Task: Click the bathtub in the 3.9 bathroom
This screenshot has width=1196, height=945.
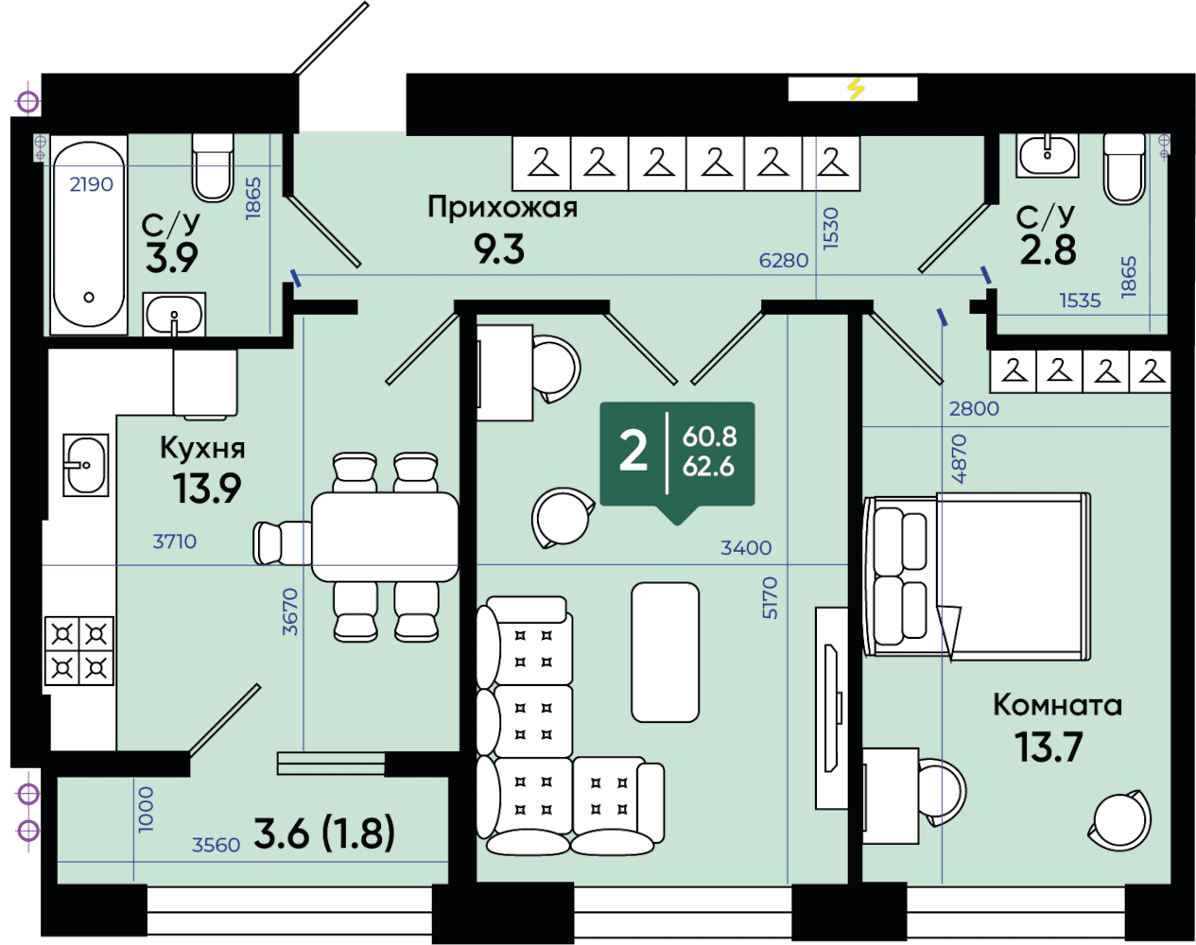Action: click(89, 234)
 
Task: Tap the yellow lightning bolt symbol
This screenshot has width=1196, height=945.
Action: click(857, 90)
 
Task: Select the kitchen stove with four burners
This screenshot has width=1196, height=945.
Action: click(79, 650)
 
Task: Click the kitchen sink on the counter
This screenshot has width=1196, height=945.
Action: click(85, 465)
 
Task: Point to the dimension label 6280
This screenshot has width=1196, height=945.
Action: click(784, 260)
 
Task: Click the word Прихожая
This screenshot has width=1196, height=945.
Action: click(502, 207)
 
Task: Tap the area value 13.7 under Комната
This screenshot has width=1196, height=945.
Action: click(1049, 747)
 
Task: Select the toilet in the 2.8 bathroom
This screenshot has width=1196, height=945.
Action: click(1124, 168)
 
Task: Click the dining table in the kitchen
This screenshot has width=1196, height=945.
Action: click(385, 537)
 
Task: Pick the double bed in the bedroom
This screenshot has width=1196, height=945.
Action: click(977, 576)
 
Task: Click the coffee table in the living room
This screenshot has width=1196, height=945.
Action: click(665, 652)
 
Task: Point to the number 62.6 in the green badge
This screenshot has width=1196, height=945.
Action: click(708, 467)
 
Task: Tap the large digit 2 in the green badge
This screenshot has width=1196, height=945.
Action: click(633, 453)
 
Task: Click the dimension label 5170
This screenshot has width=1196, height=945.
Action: click(770, 598)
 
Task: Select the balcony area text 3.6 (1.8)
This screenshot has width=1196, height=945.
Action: click(324, 833)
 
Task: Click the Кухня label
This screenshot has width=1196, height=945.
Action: click(202, 448)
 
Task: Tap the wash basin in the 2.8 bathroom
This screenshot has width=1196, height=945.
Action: click(1047, 155)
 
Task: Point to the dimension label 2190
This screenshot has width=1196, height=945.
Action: click(91, 184)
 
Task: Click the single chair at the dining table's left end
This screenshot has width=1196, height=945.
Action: click(282, 543)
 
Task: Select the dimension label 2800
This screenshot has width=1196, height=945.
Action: click(974, 409)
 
